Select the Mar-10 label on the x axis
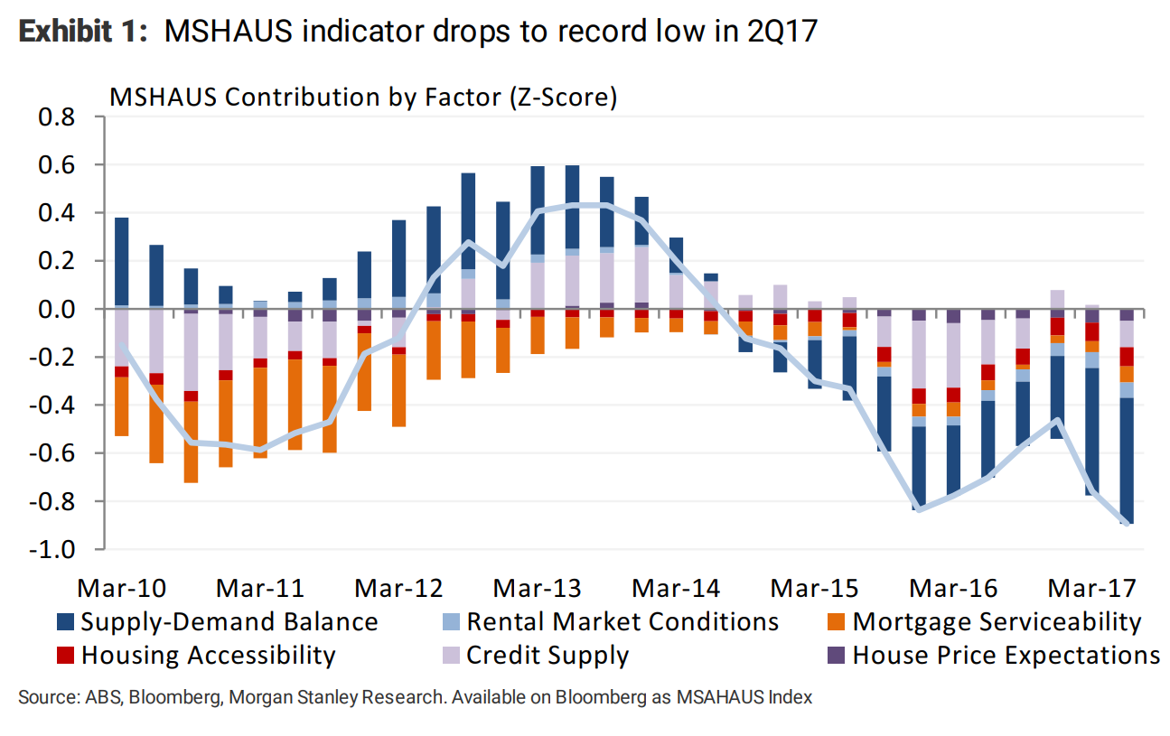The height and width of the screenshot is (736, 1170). coord(122,588)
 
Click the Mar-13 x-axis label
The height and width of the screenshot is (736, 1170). coord(538,588)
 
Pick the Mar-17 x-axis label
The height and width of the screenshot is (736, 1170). coord(1091,588)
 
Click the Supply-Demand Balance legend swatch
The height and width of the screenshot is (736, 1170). coord(65,622)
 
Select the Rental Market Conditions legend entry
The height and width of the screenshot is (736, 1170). coord(622,622)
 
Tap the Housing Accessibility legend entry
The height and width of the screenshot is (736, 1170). coord(208,655)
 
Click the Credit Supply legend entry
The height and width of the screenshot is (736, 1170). coord(547,655)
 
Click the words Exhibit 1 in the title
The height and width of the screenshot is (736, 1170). coord(80,32)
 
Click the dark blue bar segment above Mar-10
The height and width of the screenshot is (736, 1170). coord(121,262)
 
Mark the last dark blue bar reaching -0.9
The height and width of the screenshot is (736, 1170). coord(1127,461)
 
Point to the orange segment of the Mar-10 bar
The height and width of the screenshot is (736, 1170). coord(121,406)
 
